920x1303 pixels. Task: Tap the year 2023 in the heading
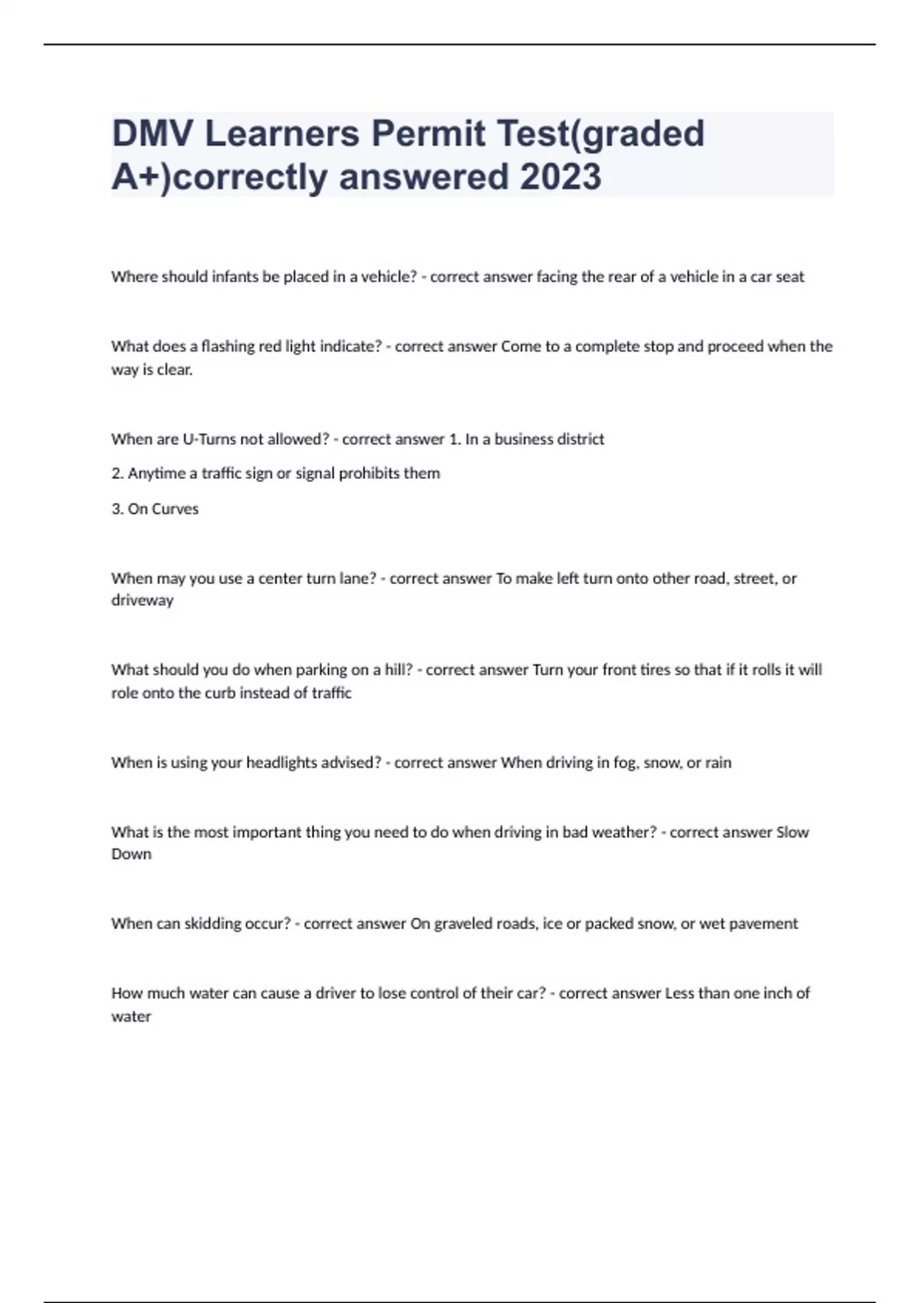[x=560, y=177]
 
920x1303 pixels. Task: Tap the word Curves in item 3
[x=175, y=509]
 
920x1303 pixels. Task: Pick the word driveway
[x=143, y=600]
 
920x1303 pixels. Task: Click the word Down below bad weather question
[x=131, y=854]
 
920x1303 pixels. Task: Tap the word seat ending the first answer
[x=790, y=277]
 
